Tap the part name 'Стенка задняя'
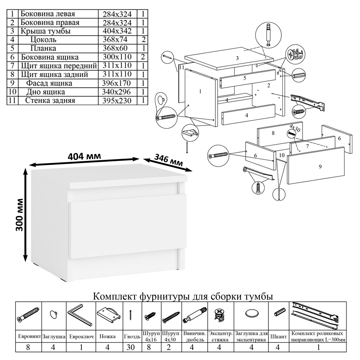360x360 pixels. (50, 100)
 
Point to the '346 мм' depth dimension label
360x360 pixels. (168, 160)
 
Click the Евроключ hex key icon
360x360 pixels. (80, 314)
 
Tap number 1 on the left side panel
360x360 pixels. (200, 91)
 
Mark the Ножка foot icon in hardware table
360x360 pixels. (108, 315)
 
